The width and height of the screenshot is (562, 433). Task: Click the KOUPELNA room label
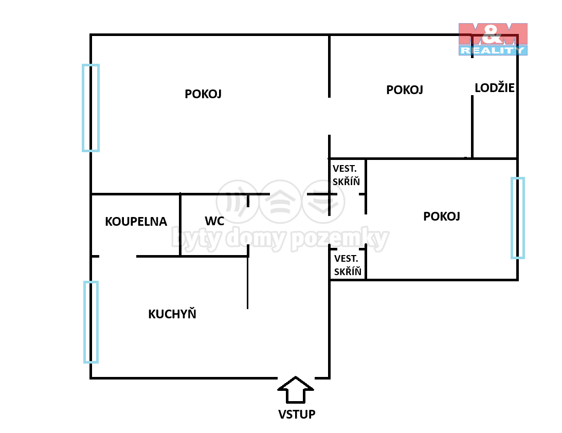coord(136,222)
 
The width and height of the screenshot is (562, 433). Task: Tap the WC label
coord(214,221)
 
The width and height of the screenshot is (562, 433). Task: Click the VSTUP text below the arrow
coord(297,414)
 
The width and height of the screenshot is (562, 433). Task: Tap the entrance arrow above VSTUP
coord(296,390)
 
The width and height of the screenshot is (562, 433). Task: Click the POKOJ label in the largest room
coord(203,94)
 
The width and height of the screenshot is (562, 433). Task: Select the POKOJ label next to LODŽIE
coord(405,89)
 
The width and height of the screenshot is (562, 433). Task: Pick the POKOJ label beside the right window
coord(442,216)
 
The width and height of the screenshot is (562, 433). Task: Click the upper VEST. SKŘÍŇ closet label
coord(346,175)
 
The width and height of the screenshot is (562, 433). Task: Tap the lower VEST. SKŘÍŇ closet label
coord(347,265)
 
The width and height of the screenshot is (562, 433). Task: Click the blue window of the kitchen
coord(91,322)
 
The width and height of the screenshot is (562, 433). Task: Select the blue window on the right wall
coord(518,218)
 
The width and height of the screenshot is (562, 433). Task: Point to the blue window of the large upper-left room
coord(90,108)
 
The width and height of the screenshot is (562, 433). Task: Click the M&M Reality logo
coord(493,39)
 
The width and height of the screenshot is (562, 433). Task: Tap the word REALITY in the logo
coord(493,50)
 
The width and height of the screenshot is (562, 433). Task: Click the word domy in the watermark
coord(257,239)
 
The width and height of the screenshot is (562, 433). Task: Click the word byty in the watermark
coord(196,239)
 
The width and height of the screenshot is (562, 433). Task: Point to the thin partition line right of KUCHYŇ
coord(248,282)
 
